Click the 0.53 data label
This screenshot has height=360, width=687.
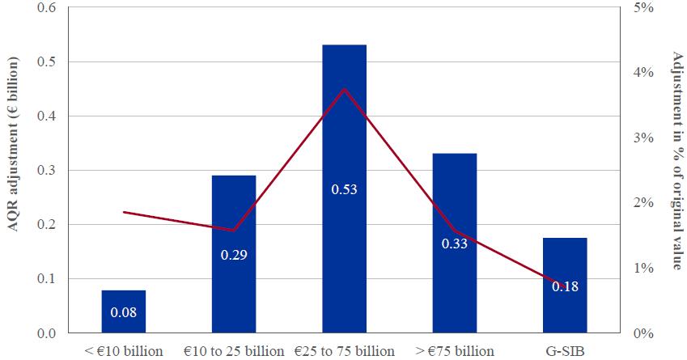click(x=344, y=190)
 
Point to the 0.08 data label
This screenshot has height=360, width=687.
click(x=124, y=311)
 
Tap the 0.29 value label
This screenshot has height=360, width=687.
click(x=234, y=256)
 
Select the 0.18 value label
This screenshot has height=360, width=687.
click(x=564, y=286)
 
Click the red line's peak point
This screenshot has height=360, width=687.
click(x=344, y=89)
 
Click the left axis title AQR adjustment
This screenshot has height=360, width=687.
click(x=14, y=145)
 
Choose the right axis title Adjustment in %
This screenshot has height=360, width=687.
click(x=676, y=161)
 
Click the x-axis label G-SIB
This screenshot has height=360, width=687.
click(x=564, y=351)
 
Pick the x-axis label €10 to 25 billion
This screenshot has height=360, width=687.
click(x=234, y=351)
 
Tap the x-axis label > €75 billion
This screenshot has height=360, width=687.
click(x=454, y=351)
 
